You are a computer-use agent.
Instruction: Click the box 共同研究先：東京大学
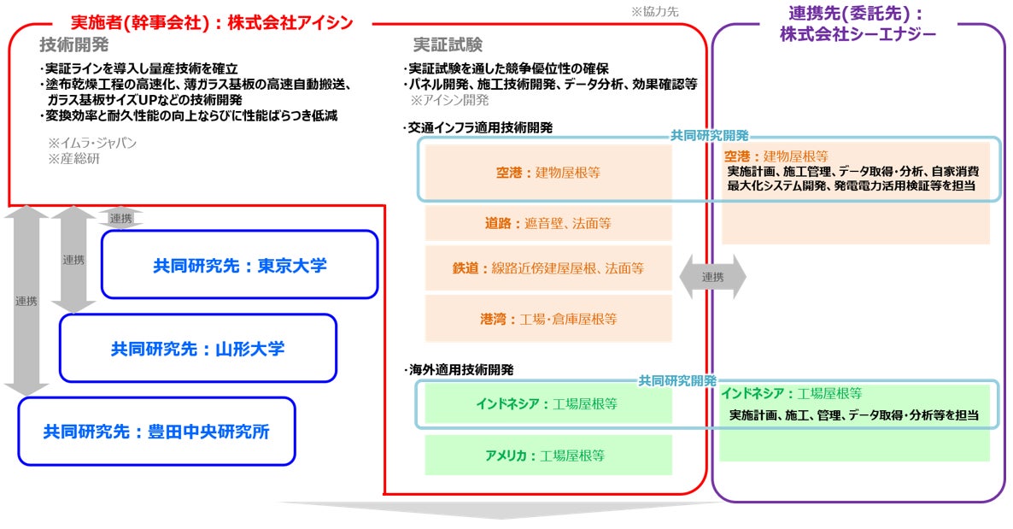[240, 265]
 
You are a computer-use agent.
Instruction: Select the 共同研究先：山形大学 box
[197, 348]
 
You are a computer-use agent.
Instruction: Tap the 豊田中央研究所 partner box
[156, 432]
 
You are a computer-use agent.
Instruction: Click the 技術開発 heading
[73, 44]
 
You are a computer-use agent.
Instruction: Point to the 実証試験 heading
[448, 44]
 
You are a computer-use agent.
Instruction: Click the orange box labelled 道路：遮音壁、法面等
[547, 223]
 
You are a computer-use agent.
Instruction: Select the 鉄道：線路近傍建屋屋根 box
[547, 267]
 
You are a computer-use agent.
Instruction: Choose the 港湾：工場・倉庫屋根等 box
[547, 319]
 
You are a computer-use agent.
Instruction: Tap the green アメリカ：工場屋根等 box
[547, 456]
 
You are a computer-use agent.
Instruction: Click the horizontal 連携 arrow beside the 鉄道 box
[712, 277]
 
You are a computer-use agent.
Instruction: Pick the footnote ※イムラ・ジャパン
[91, 143]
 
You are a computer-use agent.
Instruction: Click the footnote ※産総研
[73, 159]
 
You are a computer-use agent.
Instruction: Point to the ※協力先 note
[654, 12]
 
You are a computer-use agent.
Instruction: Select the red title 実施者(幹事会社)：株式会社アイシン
[212, 22]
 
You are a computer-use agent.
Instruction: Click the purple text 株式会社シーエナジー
[858, 34]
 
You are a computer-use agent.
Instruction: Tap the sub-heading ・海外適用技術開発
[459, 370]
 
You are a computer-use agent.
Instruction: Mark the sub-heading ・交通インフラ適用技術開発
[478, 128]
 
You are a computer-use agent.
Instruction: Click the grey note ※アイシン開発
[449, 100]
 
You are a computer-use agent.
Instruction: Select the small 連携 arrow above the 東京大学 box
[120, 219]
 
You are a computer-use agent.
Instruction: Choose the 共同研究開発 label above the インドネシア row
[677, 381]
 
